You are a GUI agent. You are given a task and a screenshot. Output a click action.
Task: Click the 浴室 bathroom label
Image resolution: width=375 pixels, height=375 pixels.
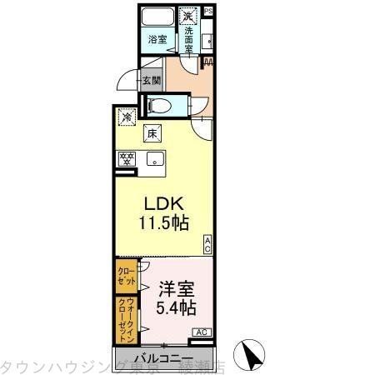coord(157,39)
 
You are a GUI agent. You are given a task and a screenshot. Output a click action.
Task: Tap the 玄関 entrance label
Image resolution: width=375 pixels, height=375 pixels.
coord(151,80)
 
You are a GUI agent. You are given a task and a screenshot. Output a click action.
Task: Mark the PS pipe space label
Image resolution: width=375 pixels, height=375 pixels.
coord(208,10)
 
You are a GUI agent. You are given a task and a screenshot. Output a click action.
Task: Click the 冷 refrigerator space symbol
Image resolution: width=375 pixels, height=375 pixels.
coord(127,117)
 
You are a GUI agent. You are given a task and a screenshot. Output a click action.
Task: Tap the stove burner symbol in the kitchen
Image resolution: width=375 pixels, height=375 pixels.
coord(127,158)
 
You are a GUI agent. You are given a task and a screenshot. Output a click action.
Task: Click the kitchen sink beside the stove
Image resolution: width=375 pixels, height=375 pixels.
coord(154,158)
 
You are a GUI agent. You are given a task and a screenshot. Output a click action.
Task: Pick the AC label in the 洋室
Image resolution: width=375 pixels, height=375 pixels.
coord(201,332)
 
